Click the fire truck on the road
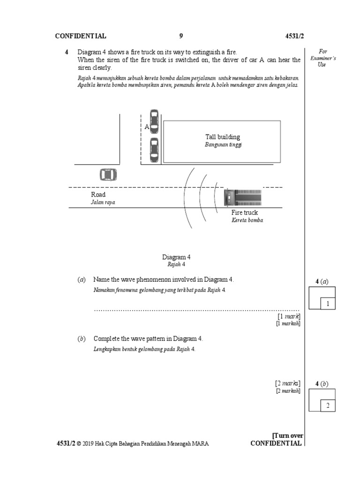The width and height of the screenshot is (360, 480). (243, 197)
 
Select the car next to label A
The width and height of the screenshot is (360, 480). (153, 122)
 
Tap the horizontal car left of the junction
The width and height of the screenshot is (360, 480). (108, 175)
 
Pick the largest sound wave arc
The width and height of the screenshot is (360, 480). (185, 197)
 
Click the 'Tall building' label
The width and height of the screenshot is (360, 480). (223, 137)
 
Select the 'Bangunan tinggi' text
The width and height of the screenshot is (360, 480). (223, 145)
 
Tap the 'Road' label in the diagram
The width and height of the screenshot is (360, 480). (98, 195)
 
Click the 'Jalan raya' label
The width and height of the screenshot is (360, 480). (103, 202)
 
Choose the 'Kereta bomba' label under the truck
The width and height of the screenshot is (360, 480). (247, 220)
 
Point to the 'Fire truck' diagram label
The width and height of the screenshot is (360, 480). (244, 213)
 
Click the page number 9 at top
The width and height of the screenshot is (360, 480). (181, 36)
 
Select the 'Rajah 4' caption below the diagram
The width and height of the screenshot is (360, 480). (176, 264)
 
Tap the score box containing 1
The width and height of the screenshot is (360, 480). (328, 304)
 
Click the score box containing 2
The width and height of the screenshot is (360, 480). (328, 406)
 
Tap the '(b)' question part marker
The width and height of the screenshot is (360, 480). (81, 338)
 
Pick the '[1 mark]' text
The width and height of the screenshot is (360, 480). (289, 317)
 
